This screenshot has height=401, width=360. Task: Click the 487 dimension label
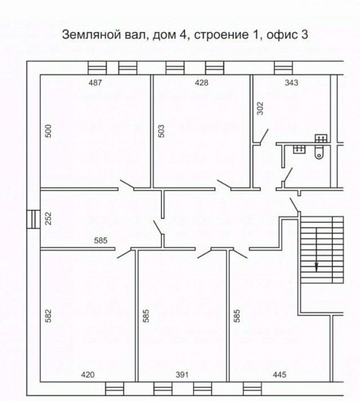point(95,83)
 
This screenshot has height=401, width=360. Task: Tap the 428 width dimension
point(202,83)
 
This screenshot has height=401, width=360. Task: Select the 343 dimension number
point(291,83)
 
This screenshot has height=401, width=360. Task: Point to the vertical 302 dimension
point(260,108)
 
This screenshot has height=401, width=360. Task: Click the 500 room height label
point(48,131)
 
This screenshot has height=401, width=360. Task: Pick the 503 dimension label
point(162,131)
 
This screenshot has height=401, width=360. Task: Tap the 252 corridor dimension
point(48,218)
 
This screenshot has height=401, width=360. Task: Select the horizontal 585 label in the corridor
point(101,241)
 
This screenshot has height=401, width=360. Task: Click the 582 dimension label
point(48,315)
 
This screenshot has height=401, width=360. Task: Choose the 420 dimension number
point(87,375)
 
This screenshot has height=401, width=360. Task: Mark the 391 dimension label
point(182,375)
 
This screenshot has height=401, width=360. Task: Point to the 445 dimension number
point(279,375)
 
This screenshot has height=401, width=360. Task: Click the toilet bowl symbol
point(319,152)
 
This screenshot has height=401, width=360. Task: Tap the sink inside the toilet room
point(299,149)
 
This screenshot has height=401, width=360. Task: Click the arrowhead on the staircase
point(317,267)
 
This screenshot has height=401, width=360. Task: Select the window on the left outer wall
point(33,219)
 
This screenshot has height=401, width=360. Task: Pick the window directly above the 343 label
point(283,68)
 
